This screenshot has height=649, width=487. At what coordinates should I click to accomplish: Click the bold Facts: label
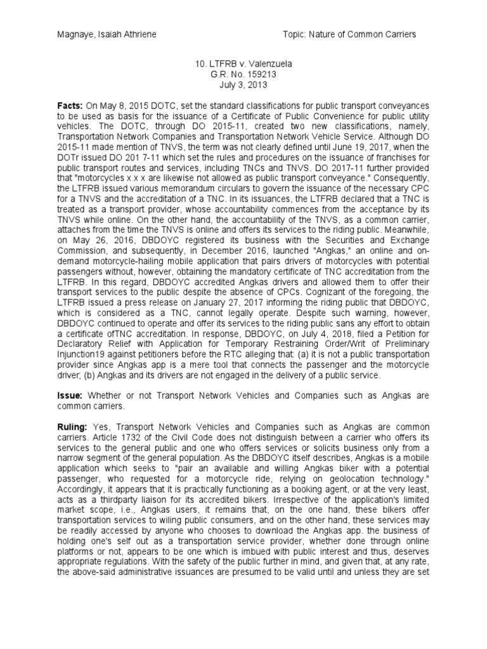(70, 104)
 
